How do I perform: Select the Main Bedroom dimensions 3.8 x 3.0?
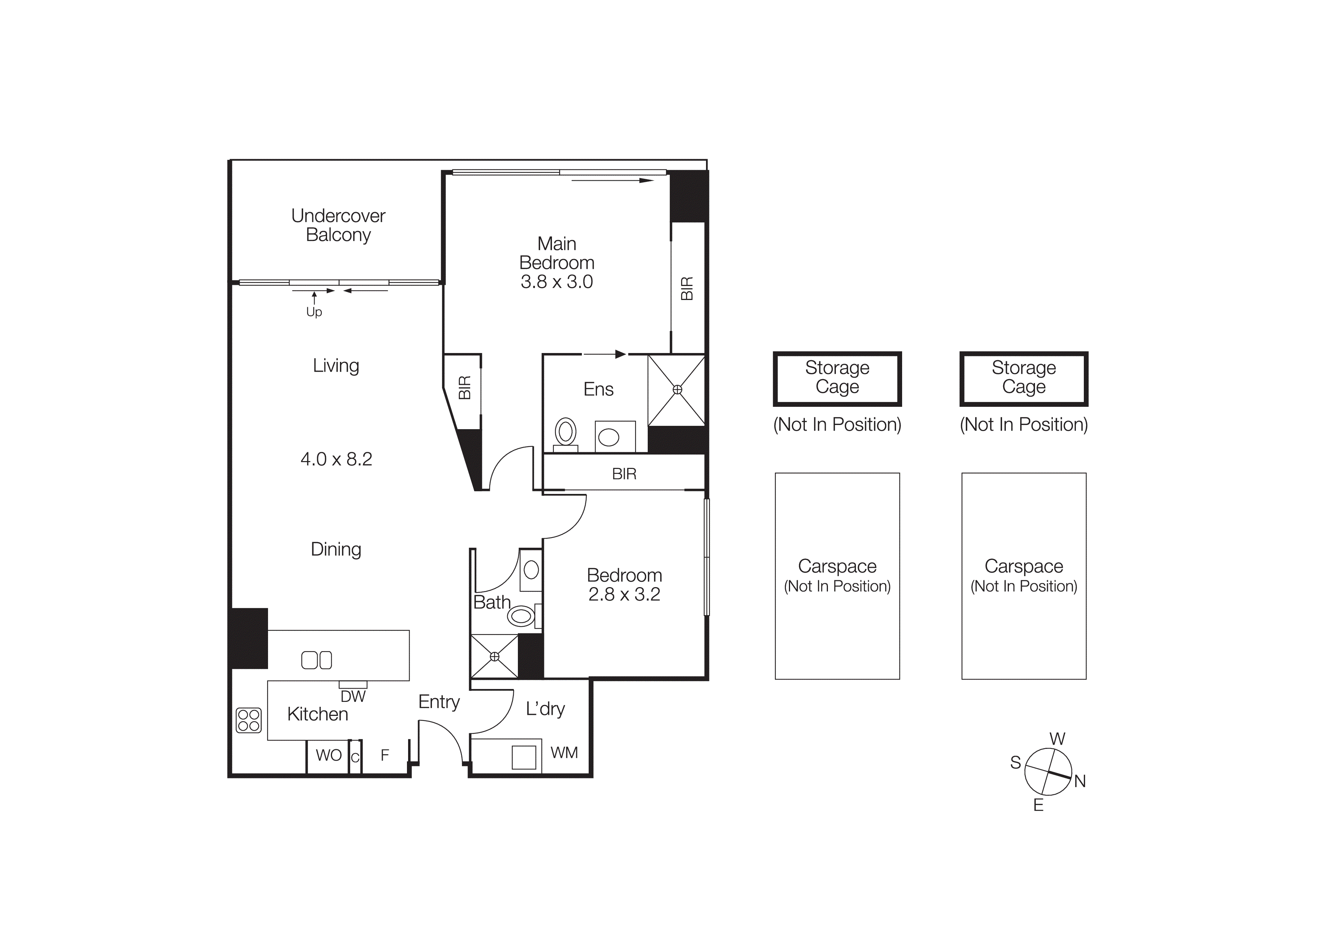point(556,282)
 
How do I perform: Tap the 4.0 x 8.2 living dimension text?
point(336,459)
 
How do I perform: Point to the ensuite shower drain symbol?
point(677,390)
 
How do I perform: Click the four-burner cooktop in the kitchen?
point(249,720)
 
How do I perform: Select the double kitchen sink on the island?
point(316,660)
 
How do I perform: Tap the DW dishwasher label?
point(353,697)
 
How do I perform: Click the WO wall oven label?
point(329,755)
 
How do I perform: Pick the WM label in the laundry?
point(564,753)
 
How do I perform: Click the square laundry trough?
point(524,757)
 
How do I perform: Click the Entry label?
point(438,702)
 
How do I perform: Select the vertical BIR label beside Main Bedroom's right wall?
point(687,288)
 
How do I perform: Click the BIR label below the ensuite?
point(624,474)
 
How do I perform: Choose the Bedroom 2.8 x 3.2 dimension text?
point(624,594)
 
